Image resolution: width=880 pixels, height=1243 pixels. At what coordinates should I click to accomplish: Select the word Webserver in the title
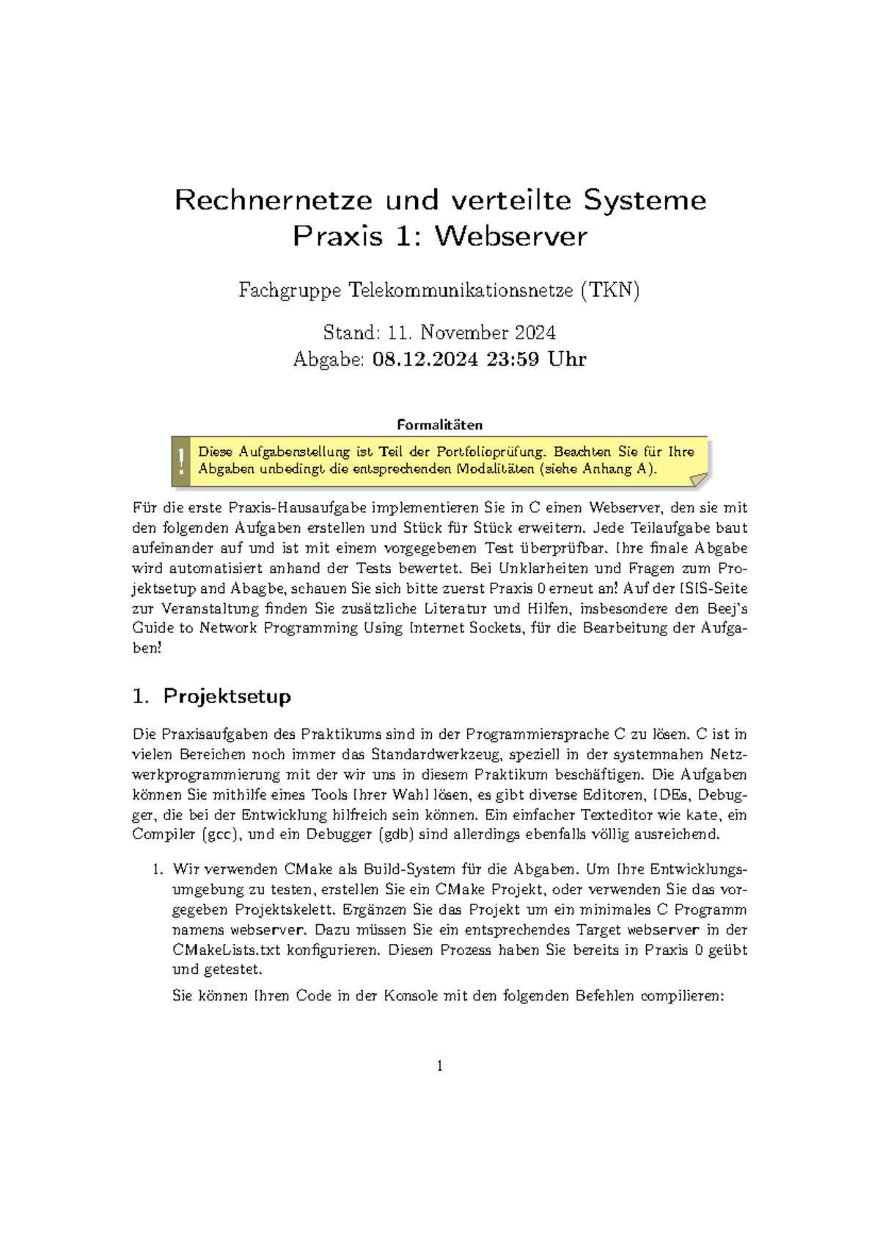pos(510,236)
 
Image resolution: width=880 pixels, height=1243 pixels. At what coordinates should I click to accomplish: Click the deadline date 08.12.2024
pos(425,359)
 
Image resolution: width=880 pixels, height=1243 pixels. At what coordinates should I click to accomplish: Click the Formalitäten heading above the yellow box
pos(439,425)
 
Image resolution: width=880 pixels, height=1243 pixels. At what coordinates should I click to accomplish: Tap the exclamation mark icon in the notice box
pos(181,461)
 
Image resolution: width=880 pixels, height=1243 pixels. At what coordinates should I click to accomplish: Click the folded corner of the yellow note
pos(699,479)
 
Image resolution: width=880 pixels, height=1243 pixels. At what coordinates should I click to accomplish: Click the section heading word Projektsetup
pos(227,696)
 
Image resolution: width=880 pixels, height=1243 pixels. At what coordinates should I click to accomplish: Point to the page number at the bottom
pos(439,1066)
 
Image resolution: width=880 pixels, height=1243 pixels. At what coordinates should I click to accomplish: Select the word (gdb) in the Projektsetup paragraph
pos(397,835)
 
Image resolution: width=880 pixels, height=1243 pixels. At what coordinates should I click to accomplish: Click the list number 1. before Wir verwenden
pos(157,870)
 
